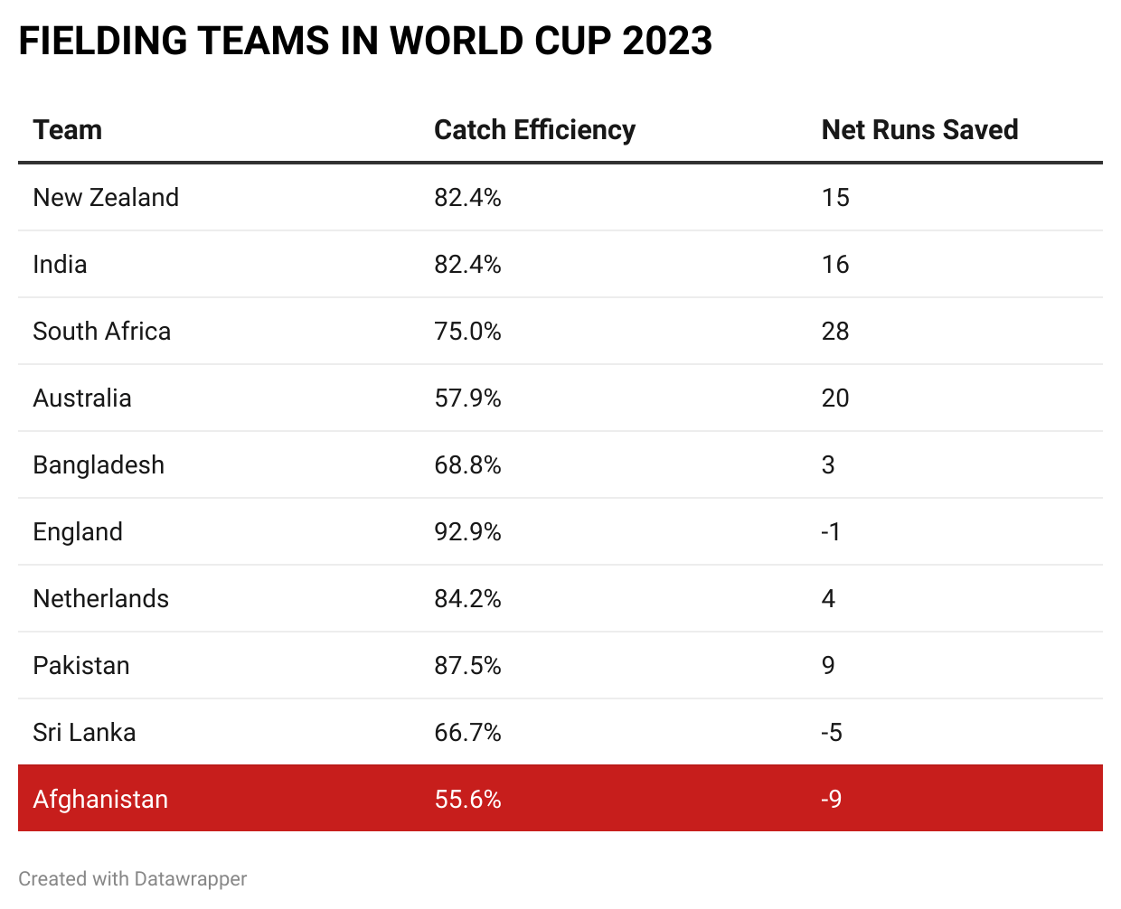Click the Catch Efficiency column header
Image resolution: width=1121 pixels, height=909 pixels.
[x=534, y=130]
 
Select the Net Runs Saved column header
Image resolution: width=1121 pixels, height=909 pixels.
[x=919, y=130]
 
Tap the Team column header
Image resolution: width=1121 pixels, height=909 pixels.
[x=67, y=130]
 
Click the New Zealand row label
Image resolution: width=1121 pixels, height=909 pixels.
[x=106, y=198]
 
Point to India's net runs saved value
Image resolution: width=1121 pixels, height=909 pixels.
[x=835, y=265]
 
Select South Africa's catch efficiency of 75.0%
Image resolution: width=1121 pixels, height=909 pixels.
[x=467, y=332]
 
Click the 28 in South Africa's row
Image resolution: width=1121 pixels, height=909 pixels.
[x=835, y=332]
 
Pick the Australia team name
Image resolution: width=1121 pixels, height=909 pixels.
[x=82, y=398]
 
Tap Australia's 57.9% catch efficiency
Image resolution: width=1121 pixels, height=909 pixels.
[x=467, y=398]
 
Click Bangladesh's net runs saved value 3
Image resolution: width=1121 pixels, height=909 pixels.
[x=828, y=465]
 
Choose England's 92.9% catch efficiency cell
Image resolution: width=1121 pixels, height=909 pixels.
[x=467, y=532]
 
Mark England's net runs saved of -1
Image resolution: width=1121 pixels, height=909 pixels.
[x=831, y=532]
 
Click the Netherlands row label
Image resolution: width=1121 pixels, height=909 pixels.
[x=100, y=599]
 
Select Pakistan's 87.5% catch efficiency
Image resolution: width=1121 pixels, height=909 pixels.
[x=467, y=666]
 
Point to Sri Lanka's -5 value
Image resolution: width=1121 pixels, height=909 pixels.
[x=832, y=733]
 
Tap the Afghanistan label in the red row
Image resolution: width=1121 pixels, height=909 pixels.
[x=100, y=800]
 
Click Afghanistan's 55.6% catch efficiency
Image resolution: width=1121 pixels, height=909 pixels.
[x=467, y=800]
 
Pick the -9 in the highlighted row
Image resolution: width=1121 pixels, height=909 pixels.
[x=832, y=800]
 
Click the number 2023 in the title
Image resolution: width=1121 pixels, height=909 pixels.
[x=667, y=42]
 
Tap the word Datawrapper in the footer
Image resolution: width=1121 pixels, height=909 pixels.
[x=190, y=879]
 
